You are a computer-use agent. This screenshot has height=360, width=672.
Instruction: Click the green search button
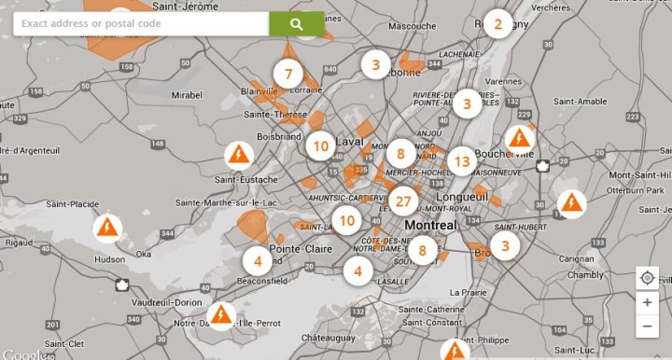tap(297, 24)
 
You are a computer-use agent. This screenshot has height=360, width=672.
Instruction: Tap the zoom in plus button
tap(647, 302)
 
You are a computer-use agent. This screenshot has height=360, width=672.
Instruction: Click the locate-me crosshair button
tap(647, 278)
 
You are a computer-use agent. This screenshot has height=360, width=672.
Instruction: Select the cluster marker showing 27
tap(403, 201)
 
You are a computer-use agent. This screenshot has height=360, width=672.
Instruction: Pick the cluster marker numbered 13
tap(461, 161)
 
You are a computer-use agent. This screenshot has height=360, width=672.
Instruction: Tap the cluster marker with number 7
tap(288, 74)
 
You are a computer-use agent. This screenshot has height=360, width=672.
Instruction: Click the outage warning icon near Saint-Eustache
tap(238, 154)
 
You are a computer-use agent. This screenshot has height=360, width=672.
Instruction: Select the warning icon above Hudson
tap(108, 227)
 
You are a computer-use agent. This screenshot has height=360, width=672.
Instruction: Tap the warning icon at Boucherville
tap(518, 139)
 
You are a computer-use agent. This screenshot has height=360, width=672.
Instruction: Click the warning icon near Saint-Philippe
tap(455, 351)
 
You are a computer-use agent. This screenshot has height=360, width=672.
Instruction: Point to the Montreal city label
tap(430, 226)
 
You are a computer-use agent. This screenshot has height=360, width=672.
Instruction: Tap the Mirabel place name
tap(187, 95)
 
